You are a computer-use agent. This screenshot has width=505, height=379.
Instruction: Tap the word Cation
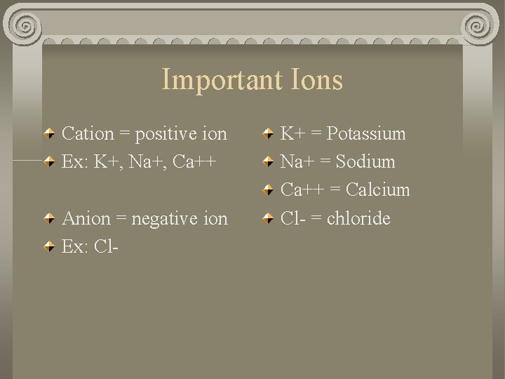88,133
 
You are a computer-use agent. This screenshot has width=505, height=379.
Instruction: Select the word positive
166,134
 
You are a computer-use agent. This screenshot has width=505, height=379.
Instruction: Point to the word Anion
86,218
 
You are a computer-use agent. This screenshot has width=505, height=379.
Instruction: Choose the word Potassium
366,133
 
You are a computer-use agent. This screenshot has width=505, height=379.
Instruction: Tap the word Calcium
377,189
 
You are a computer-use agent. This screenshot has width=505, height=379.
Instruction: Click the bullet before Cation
50,133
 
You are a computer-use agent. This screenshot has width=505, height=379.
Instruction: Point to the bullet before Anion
50,218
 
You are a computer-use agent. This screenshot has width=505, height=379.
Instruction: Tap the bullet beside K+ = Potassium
268,133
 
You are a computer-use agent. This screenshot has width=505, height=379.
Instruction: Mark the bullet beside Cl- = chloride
268,218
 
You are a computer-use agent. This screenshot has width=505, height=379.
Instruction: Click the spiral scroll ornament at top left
25,27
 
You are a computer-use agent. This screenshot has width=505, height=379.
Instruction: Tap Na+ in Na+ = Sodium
293,161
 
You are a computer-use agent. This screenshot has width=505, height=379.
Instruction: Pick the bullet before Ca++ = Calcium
268,189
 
